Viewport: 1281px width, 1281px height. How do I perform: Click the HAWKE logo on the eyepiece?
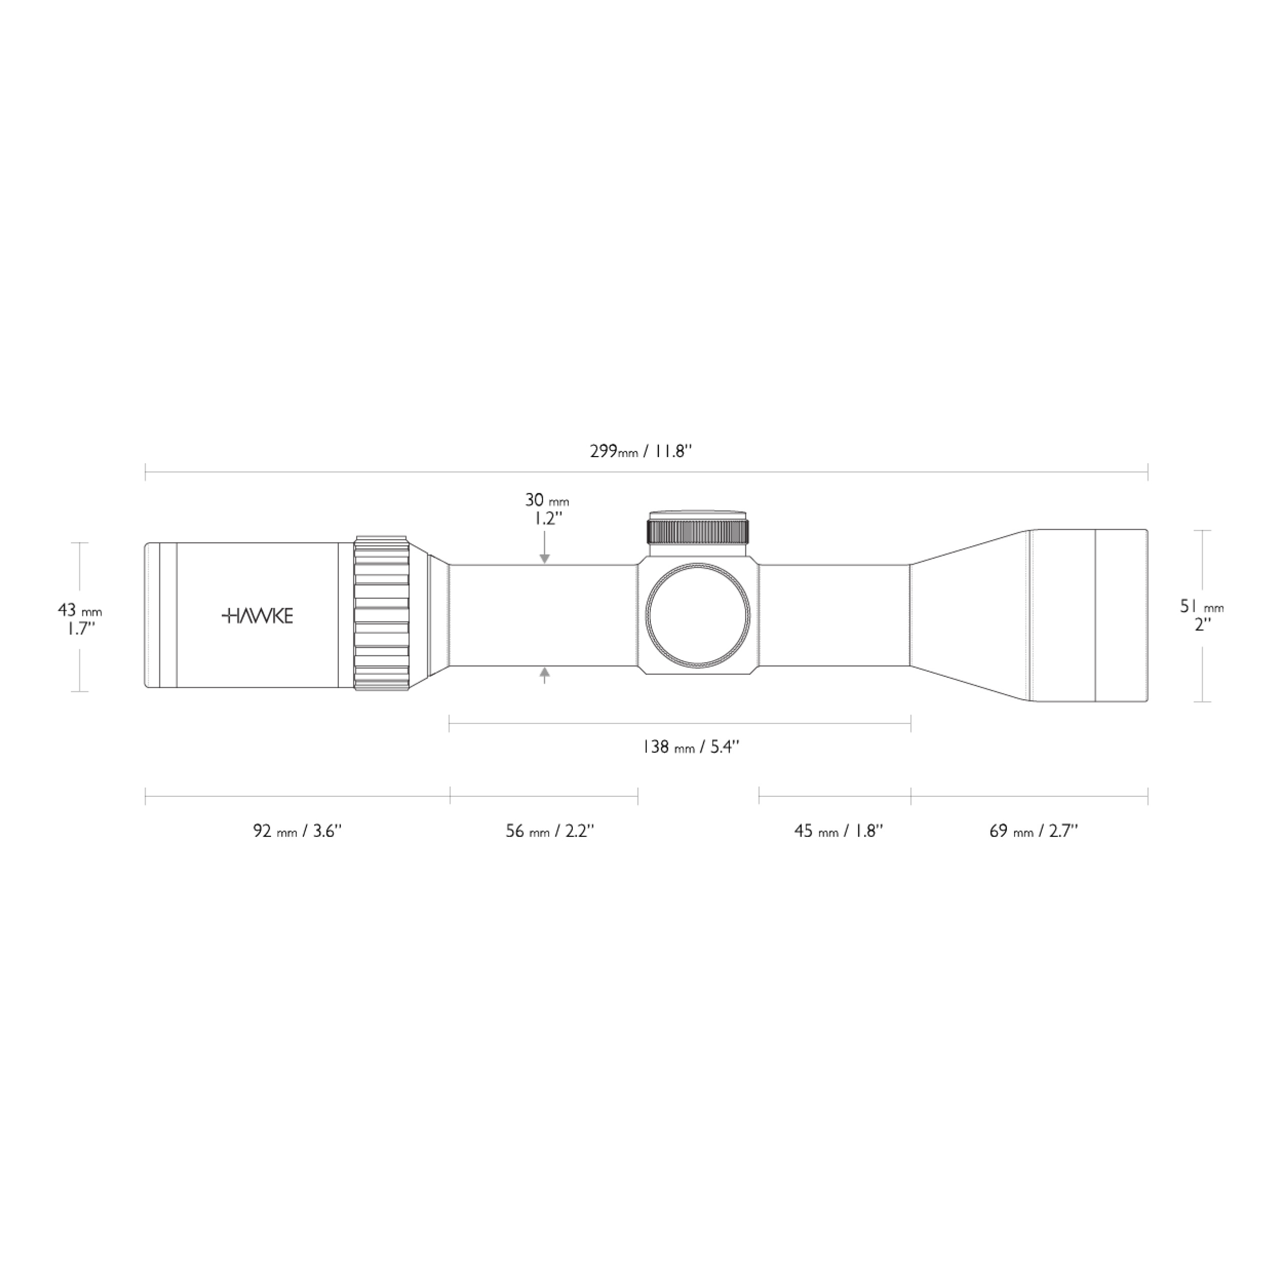pyautogui.click(x=257, y=616)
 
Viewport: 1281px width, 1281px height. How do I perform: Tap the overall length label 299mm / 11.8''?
pyautogui.click(x=641, y=451)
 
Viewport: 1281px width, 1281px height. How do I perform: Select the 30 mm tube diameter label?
pyautogui.click(x=547, y=500)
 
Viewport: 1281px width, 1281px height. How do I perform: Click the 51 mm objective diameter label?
pyautogui.click(x=1202, y=606)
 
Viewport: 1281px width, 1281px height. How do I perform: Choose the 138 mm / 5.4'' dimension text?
pyautogui.click(x=690, y=747)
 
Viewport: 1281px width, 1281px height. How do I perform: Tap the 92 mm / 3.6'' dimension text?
pyautogui.click(x=297, y=831)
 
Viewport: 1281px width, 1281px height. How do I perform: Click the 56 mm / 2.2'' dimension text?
pyautogui.click(x=550, y=831)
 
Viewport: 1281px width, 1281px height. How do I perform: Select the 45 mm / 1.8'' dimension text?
pyautogui.click(x=839, y=831)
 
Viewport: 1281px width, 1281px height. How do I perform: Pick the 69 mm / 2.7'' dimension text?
pyautogui.click(x=1034, y=831)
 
